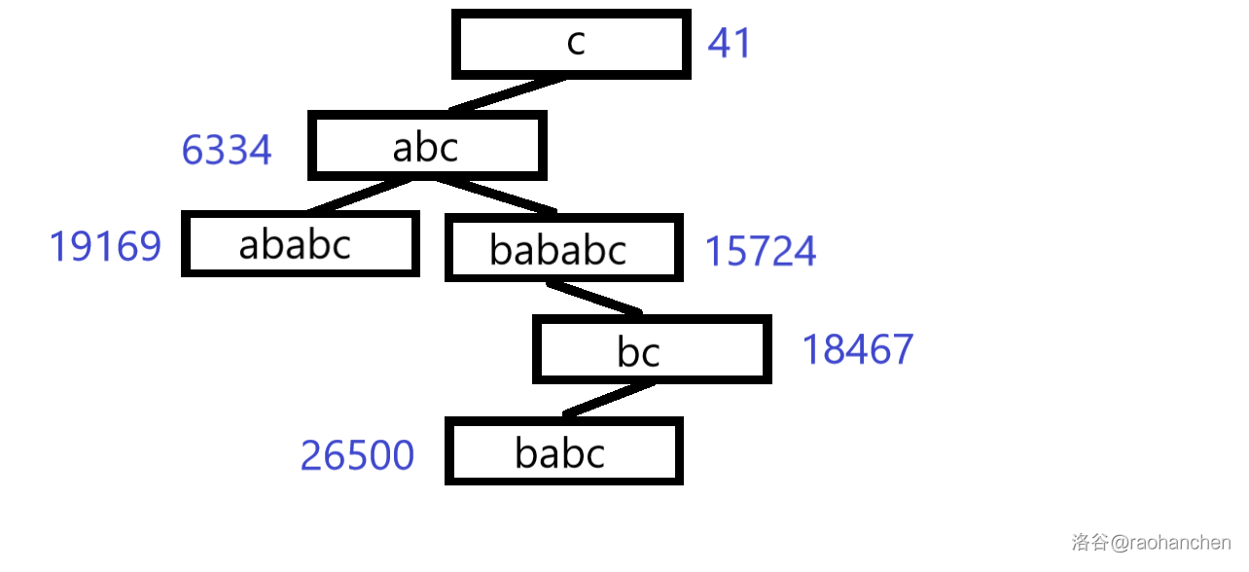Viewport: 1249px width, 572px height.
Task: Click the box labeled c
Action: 571,44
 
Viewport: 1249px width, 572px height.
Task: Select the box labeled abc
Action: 426,146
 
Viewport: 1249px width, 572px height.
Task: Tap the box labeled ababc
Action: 300,244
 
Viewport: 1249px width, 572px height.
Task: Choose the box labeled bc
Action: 651,349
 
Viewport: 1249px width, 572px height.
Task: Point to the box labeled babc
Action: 563,451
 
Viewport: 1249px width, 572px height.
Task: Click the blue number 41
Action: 729,44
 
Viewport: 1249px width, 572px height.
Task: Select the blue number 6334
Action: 227,151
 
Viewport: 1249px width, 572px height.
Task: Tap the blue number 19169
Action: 105,247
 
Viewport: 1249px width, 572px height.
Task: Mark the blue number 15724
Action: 760,252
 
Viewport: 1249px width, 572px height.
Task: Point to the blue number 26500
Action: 357,455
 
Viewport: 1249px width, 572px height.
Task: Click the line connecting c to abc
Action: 507,94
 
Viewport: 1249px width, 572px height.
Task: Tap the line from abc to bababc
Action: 494,195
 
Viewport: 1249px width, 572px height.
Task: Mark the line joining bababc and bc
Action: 593,298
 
